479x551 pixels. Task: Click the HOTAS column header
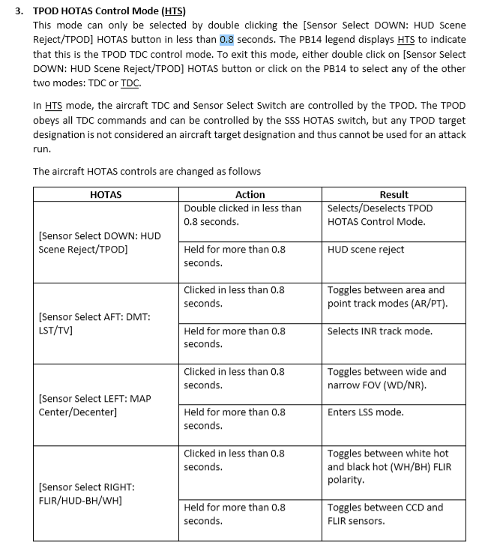coord(105,194)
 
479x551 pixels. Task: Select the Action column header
coord(250,194)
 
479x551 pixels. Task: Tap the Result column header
coord(394,194)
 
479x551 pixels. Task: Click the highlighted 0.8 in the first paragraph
coord(227,40)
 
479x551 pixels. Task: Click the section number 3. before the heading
coord(20,11)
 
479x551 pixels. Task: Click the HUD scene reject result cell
coord(366,249)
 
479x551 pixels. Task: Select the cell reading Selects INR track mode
coord(380,331)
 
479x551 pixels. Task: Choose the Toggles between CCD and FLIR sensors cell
coord(385,514)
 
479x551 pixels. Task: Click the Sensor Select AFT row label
coord(94,324)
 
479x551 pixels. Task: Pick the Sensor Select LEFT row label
coord(94,405)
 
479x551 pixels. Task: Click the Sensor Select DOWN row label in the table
coord(99,242)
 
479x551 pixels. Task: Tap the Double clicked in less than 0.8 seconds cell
coord(242,214)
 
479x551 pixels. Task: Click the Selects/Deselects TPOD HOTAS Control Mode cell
coord(380,214)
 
